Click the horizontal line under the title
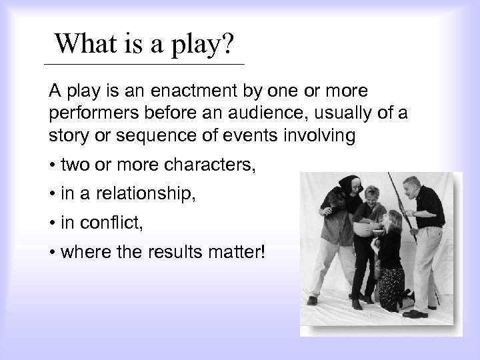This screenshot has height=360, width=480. [143, 64]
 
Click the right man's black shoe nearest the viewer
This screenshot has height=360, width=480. [414, 313]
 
